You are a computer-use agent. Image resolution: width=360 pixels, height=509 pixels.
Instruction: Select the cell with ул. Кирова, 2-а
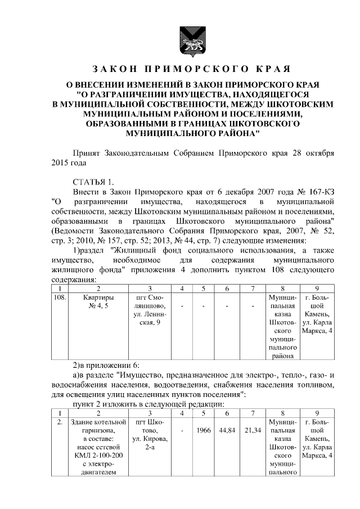point(150,434)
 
